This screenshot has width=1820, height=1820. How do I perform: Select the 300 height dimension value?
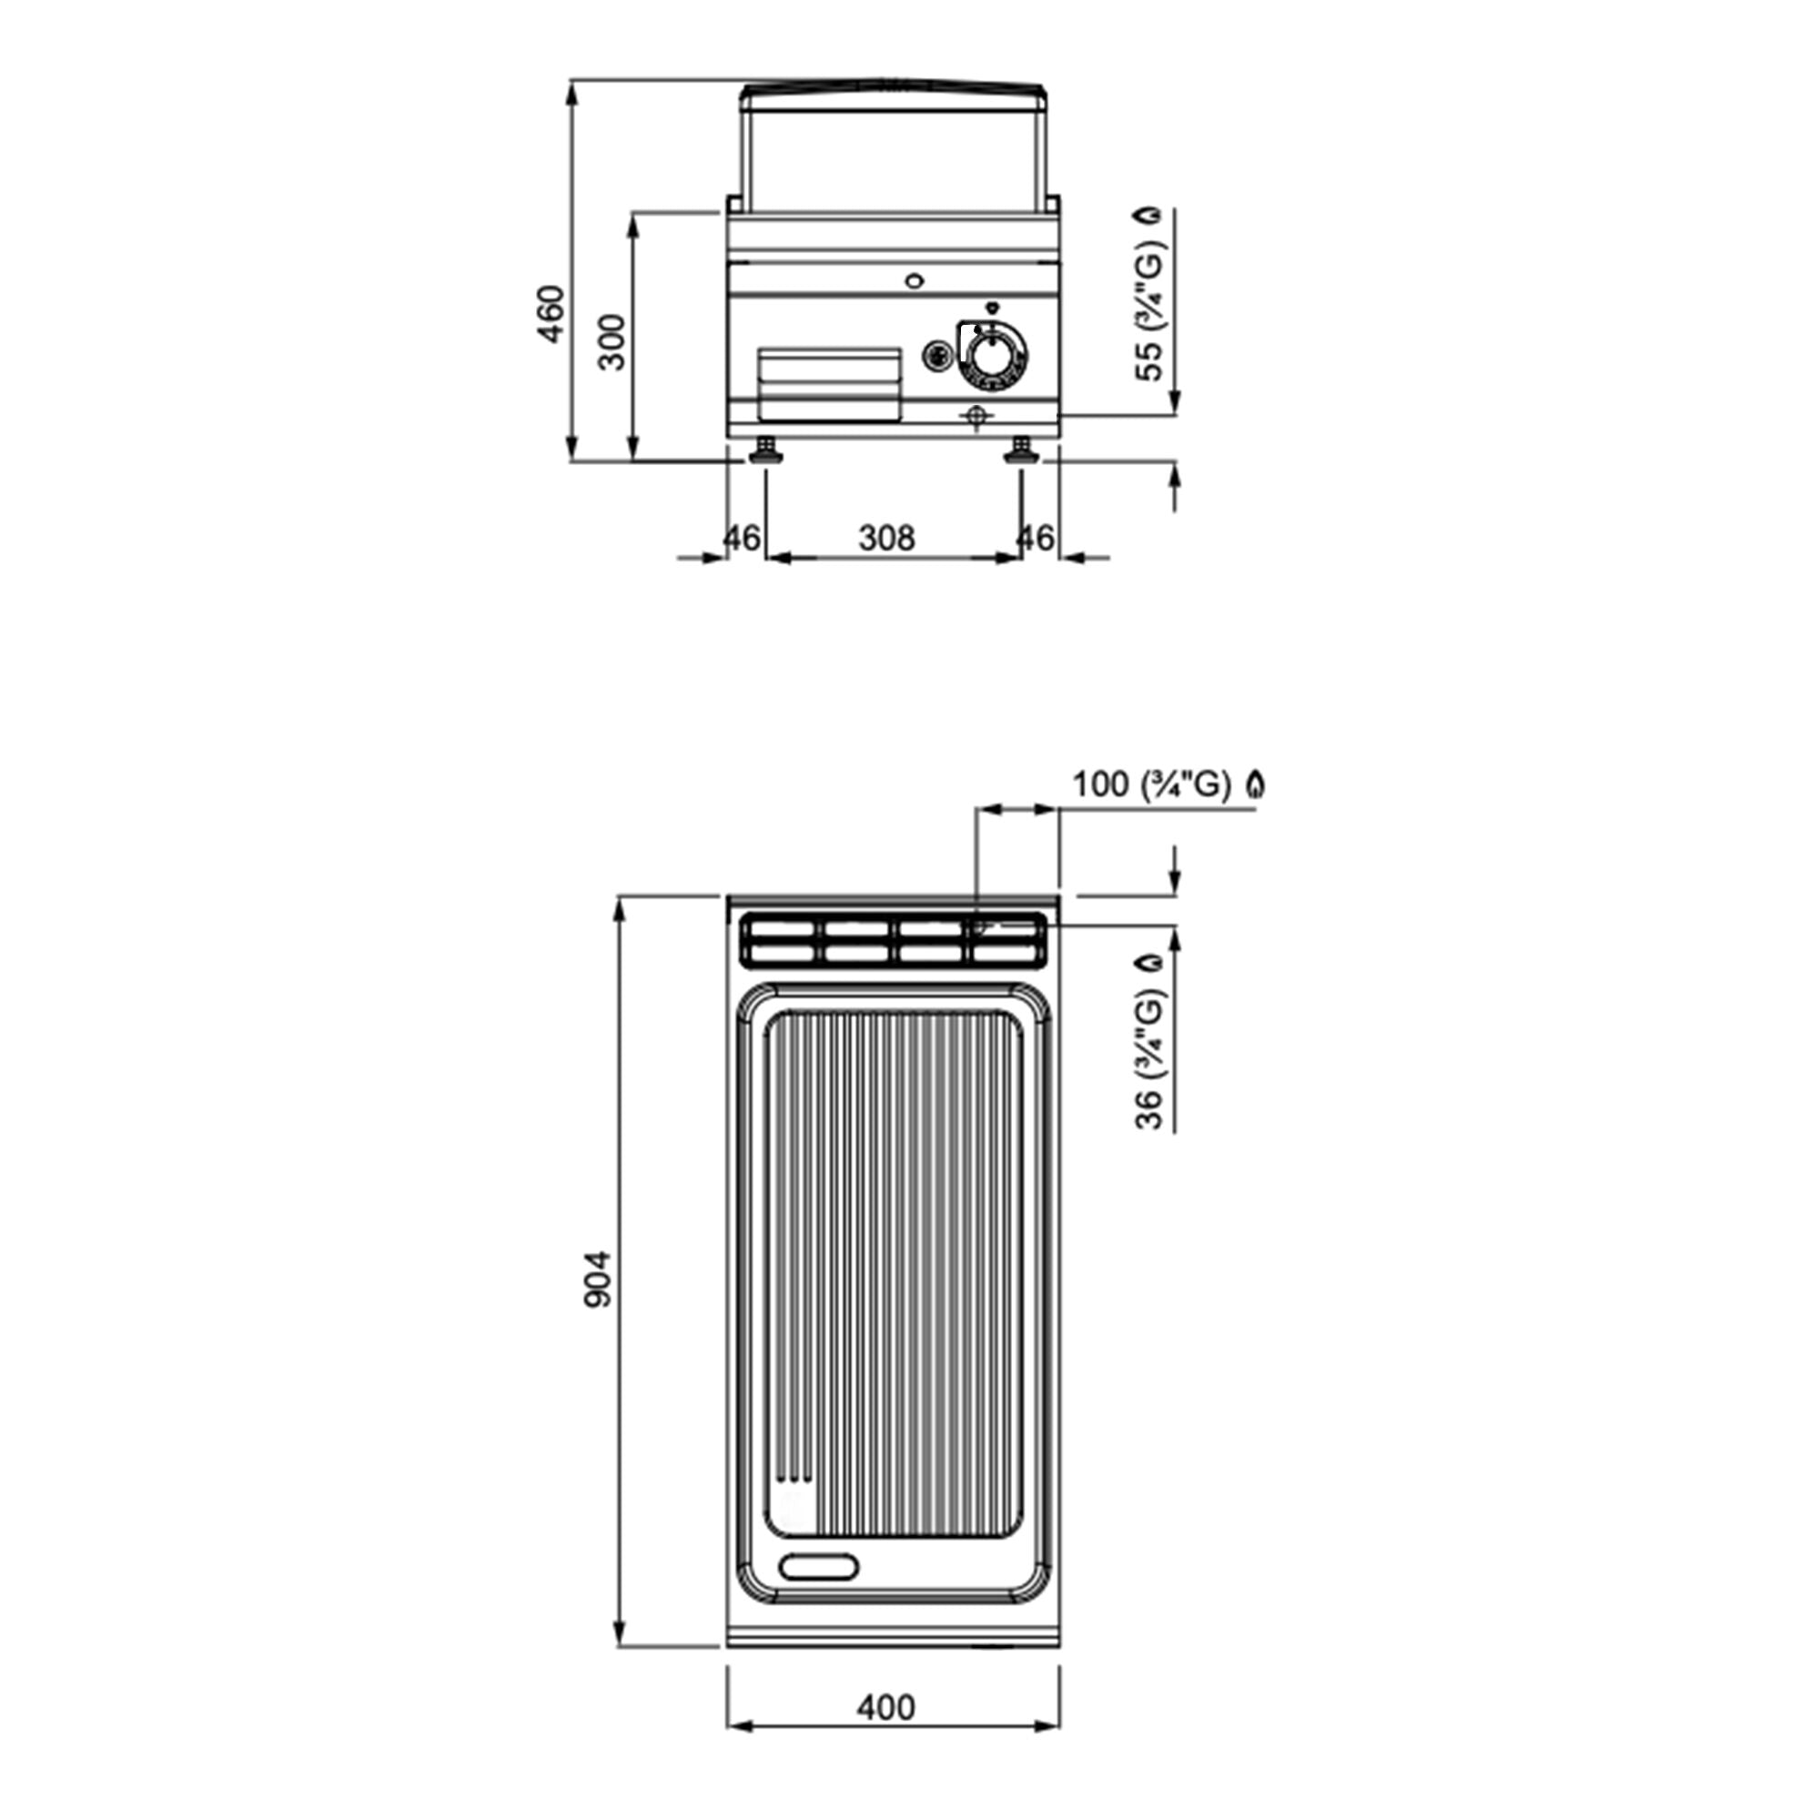[x=612, y=342]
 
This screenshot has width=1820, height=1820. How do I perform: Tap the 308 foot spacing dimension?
[x=886, y=538]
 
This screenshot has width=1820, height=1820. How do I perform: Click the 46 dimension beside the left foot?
[x=742, y=538]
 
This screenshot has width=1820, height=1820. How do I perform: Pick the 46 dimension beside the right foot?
[x=1036, y=538]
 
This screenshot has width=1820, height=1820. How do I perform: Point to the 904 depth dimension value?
[x=598, y=1279]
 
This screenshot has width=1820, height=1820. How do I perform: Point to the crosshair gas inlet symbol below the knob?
[x=976, y=417]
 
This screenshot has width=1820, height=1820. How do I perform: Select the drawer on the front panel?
[x=830, y=383]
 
